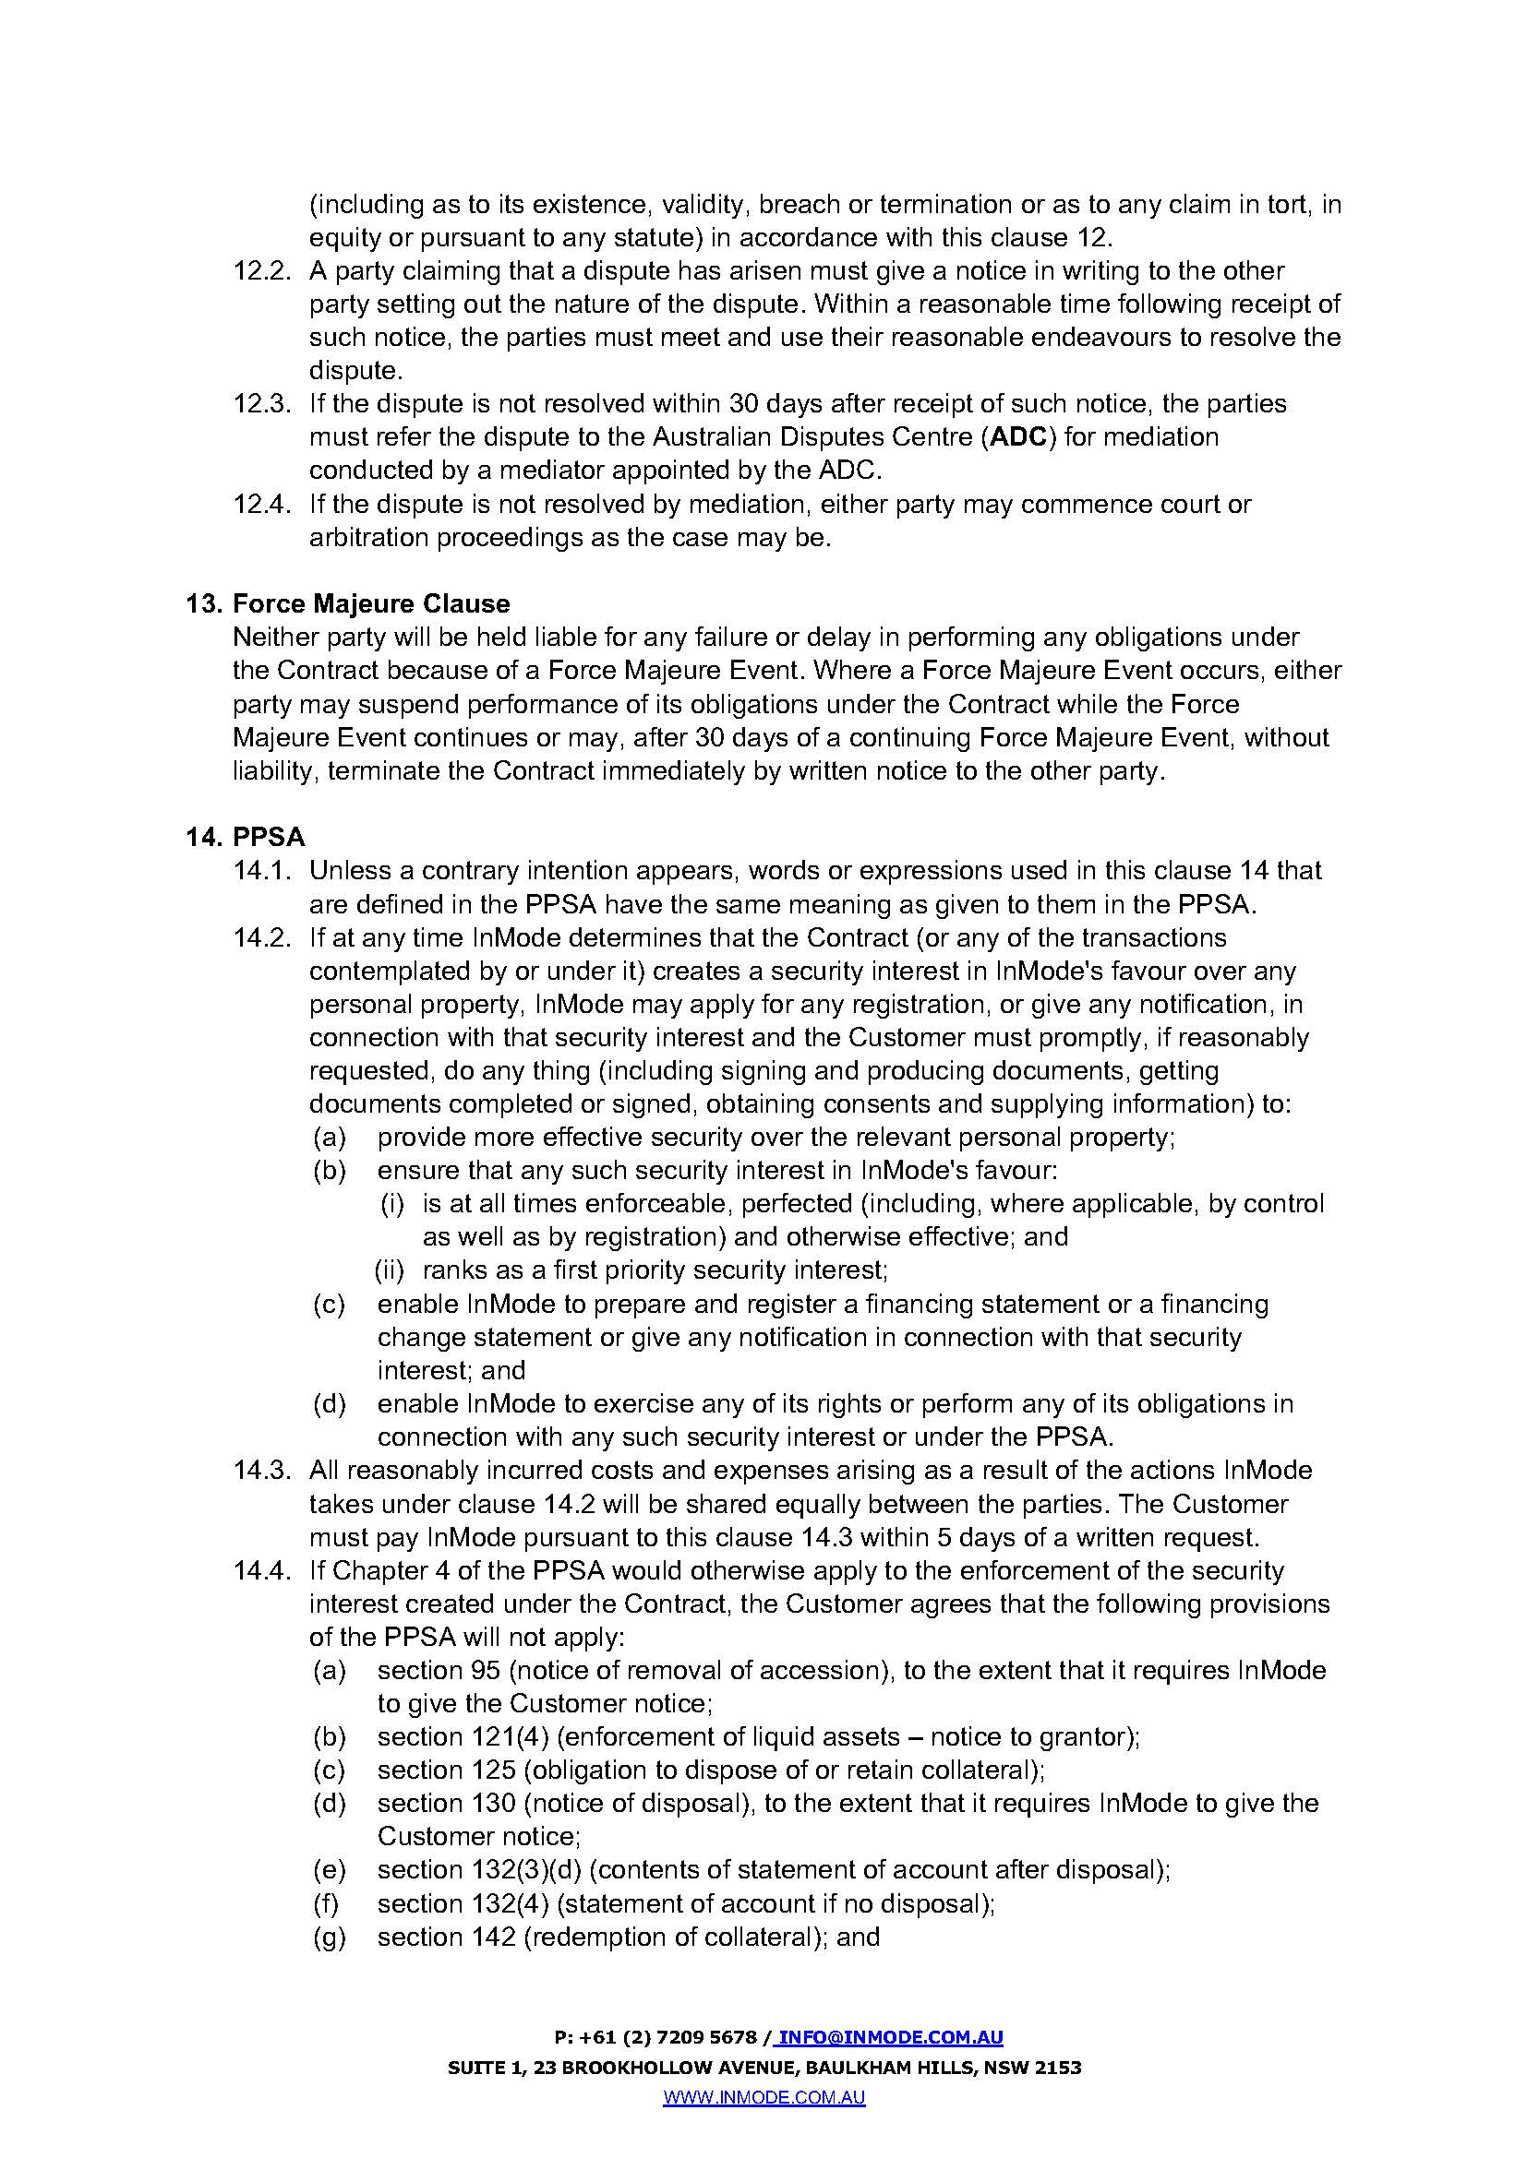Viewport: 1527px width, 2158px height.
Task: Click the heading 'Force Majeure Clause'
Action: (x=370, y=603)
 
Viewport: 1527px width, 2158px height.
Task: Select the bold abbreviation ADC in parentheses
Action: (x=1019, y=437)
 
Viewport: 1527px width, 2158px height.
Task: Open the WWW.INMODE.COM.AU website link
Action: (x=763, y=2097)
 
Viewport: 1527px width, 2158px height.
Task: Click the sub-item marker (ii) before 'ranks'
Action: (x=390, y=1270)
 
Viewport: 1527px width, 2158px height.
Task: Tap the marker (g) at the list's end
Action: (x=329, y=1937)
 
